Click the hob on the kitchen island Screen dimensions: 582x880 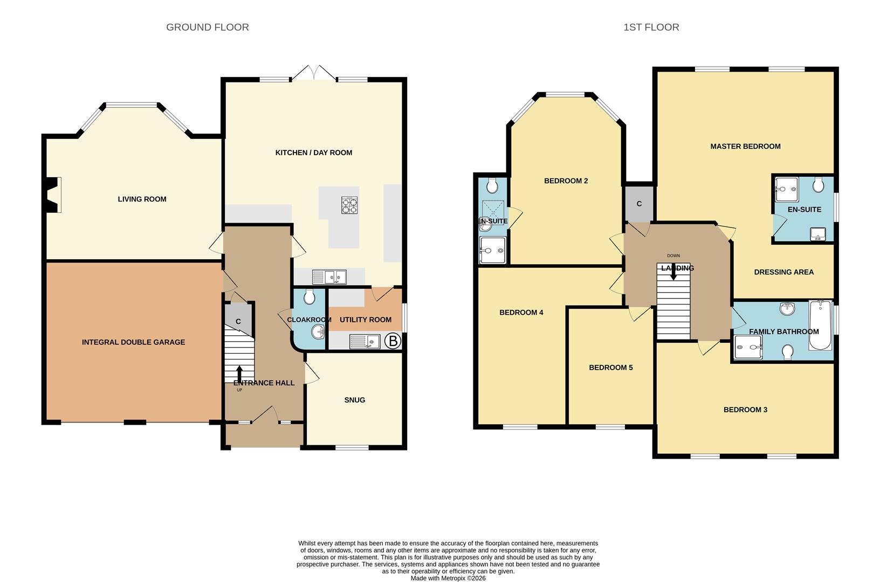(349, 205)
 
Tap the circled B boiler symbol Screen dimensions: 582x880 (393, 341)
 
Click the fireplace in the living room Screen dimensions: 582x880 (52, 195)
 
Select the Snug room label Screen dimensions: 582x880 (355, 400)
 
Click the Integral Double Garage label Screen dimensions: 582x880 (133, 342)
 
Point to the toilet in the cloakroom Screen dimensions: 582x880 (310, 297)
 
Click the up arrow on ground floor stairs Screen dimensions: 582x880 (239, 373)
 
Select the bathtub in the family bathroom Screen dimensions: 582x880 (821, 325)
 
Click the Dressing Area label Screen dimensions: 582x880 (783, 272)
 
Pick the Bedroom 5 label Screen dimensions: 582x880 (610, 368)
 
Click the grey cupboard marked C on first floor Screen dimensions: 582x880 (639, 204)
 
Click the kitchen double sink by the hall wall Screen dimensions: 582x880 (329, 277)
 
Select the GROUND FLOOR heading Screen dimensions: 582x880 (207, 27)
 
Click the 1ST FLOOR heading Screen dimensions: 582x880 (651, 27)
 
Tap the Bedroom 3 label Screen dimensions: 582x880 (745, 410)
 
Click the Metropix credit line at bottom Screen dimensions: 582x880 (448, 578)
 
